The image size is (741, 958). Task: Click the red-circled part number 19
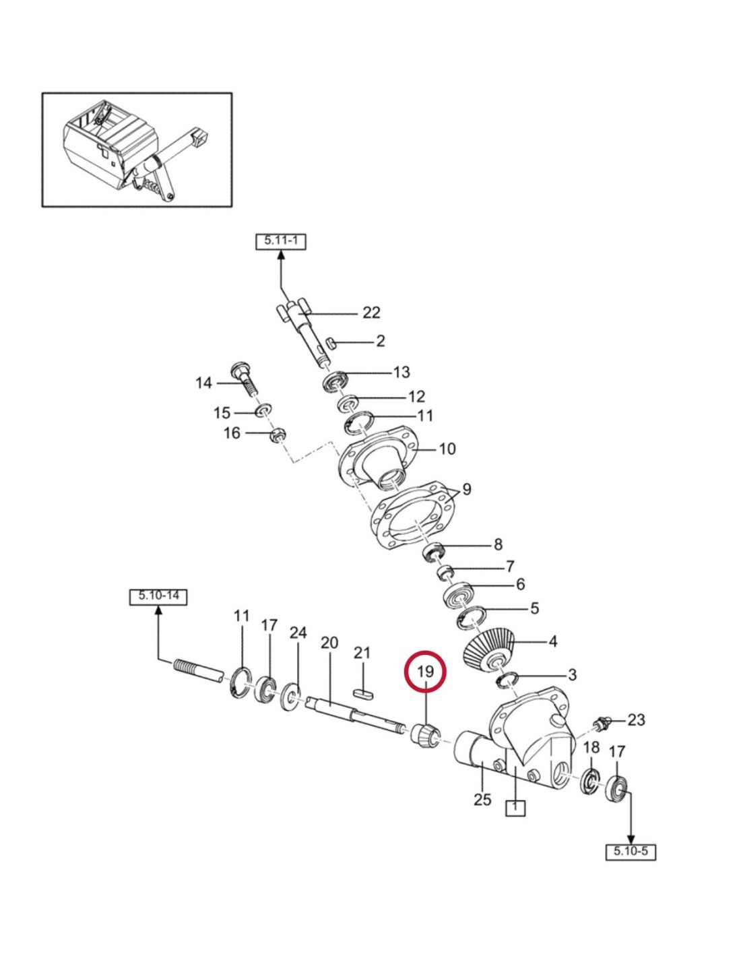[425, 672]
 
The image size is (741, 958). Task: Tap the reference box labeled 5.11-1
[281, 241]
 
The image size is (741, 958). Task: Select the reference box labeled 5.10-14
[158, 596]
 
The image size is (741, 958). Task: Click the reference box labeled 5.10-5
[631, 851]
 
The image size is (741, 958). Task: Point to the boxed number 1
[515, 806]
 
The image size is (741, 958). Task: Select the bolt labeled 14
[245, 381]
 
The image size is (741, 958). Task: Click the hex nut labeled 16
[276, 435]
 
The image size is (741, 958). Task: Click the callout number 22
[371, 313]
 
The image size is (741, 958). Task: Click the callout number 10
[447, 449]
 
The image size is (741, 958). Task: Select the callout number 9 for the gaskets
[467, 488]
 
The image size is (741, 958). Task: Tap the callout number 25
[482, 800]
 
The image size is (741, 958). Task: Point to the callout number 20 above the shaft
[329, 642]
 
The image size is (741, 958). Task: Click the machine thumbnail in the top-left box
[137, 150]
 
